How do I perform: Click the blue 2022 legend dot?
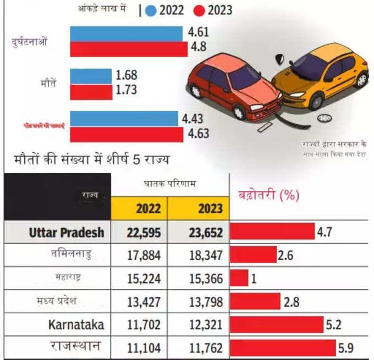point(151,10)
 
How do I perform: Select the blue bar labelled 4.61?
point(126,34)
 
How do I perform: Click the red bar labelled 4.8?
point(129,49)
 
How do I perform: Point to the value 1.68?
point(127,75)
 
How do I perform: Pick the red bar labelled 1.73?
point(91,91)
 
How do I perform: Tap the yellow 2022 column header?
point(139,208)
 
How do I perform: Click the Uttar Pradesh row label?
point(66,232)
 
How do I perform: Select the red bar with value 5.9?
point(282,347)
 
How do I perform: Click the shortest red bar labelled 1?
point(239,278)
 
